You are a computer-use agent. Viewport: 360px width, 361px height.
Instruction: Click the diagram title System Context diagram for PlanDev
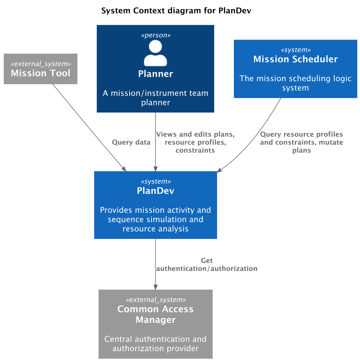click(176, 11)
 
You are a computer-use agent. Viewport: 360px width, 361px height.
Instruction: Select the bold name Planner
click(155, 74)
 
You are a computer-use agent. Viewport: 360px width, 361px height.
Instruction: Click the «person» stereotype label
click(155, 35)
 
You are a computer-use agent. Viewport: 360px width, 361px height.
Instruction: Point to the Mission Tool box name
click(40, 73)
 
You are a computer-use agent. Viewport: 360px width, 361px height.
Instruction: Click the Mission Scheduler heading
click(295, 59)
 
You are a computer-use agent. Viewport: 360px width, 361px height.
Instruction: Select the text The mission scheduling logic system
click(295, 83)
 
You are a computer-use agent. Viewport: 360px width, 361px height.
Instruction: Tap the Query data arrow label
click(131, 142)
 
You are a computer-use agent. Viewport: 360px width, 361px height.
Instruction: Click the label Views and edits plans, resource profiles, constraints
click(195, 142)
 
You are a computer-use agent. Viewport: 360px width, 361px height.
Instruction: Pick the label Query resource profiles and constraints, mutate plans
click(301, 142)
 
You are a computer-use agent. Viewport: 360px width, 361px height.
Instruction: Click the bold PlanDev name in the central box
click(155, 191)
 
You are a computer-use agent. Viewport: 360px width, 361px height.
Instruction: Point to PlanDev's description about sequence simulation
click(155, 219)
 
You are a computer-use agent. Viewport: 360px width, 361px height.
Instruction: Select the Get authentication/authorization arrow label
click(207, 265)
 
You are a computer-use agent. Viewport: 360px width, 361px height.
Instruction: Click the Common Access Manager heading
click(155, 314)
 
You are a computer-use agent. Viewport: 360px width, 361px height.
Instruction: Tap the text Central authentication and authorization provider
click(155, 343)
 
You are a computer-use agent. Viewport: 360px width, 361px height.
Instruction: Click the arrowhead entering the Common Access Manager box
click(155, 287)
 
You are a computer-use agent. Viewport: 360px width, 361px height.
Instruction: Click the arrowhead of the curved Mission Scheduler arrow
click(219, 170)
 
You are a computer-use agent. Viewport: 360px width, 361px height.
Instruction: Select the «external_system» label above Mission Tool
click(40, 63)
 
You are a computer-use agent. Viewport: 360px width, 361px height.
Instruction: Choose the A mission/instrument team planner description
click(155, 97)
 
